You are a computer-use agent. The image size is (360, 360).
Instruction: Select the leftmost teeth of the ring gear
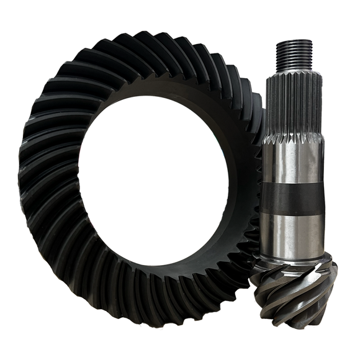(31, 186)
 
